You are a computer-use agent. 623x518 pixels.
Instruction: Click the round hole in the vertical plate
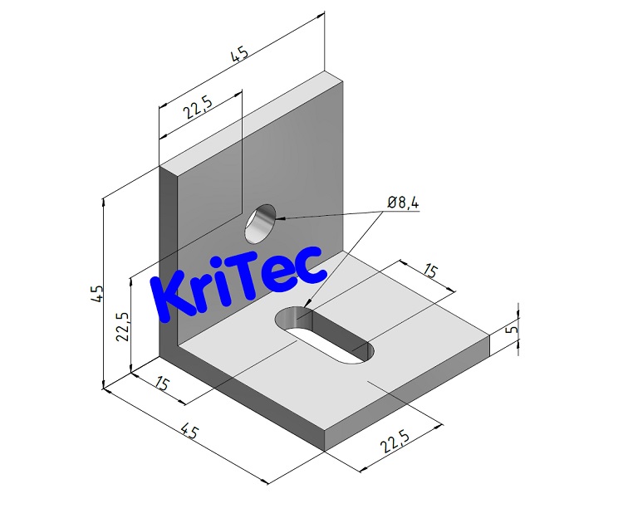262,222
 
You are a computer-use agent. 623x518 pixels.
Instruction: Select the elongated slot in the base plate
326,335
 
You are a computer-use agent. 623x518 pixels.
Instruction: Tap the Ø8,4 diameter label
402,202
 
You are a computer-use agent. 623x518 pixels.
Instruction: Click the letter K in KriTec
174,295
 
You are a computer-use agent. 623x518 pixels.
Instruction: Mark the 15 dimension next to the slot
429,271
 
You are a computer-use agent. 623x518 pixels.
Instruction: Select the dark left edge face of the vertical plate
169,266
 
